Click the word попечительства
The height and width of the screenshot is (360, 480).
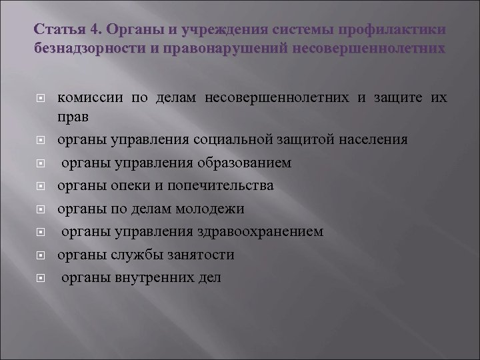point(216,185)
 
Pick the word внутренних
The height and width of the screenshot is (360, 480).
point(148,277)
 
